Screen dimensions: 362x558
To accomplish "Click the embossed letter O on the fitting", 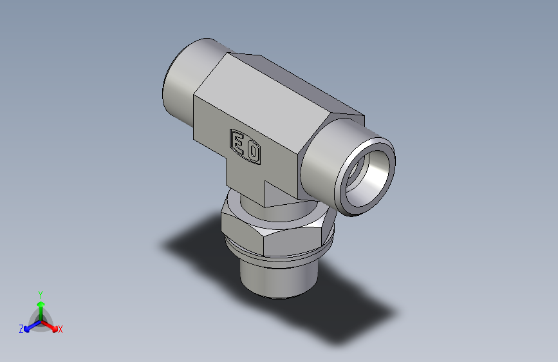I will [x=253, y=152].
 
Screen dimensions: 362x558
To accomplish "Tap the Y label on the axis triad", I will [x=41, y=293].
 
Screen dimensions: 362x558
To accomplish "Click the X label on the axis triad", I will [x=60, y=329].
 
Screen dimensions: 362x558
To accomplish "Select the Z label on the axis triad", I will [x=21, y=329].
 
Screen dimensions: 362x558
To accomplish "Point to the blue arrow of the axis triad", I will [x=30, y=326].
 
